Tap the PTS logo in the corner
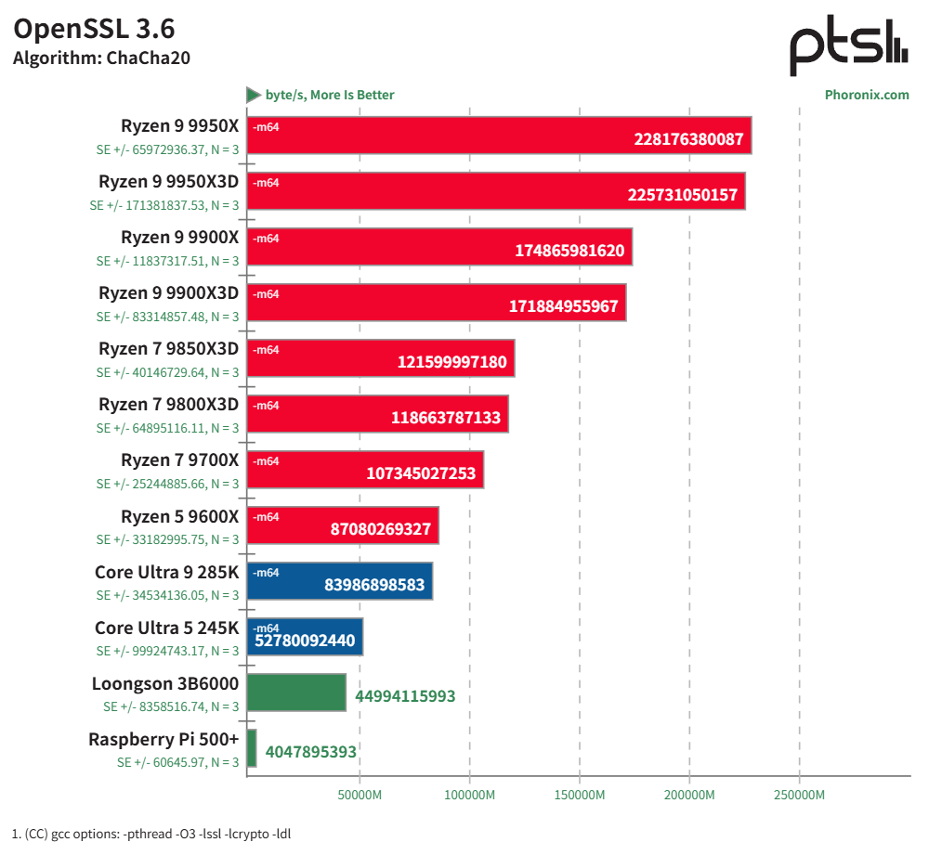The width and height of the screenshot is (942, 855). [x=848, y=48]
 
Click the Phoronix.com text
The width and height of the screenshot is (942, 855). [x=867, y=95]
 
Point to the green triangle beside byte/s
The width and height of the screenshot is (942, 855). [x=254, y=95]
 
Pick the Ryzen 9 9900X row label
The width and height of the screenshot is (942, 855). [x=179, y=238]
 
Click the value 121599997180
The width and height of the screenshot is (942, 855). [x=452, y=362]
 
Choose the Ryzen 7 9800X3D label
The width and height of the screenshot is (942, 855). [x=168, y=405]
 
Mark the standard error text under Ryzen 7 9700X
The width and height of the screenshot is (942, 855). [x=167, y=484]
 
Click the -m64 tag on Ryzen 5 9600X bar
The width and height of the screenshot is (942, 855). [x=267, y=517]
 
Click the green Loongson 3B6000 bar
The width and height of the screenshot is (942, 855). [x=296, y=693]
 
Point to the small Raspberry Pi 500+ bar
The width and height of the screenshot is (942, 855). [x=252, y=748]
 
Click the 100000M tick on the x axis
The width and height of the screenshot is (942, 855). [x=469, y=796]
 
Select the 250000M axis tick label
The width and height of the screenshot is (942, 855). [x=800, y=796]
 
